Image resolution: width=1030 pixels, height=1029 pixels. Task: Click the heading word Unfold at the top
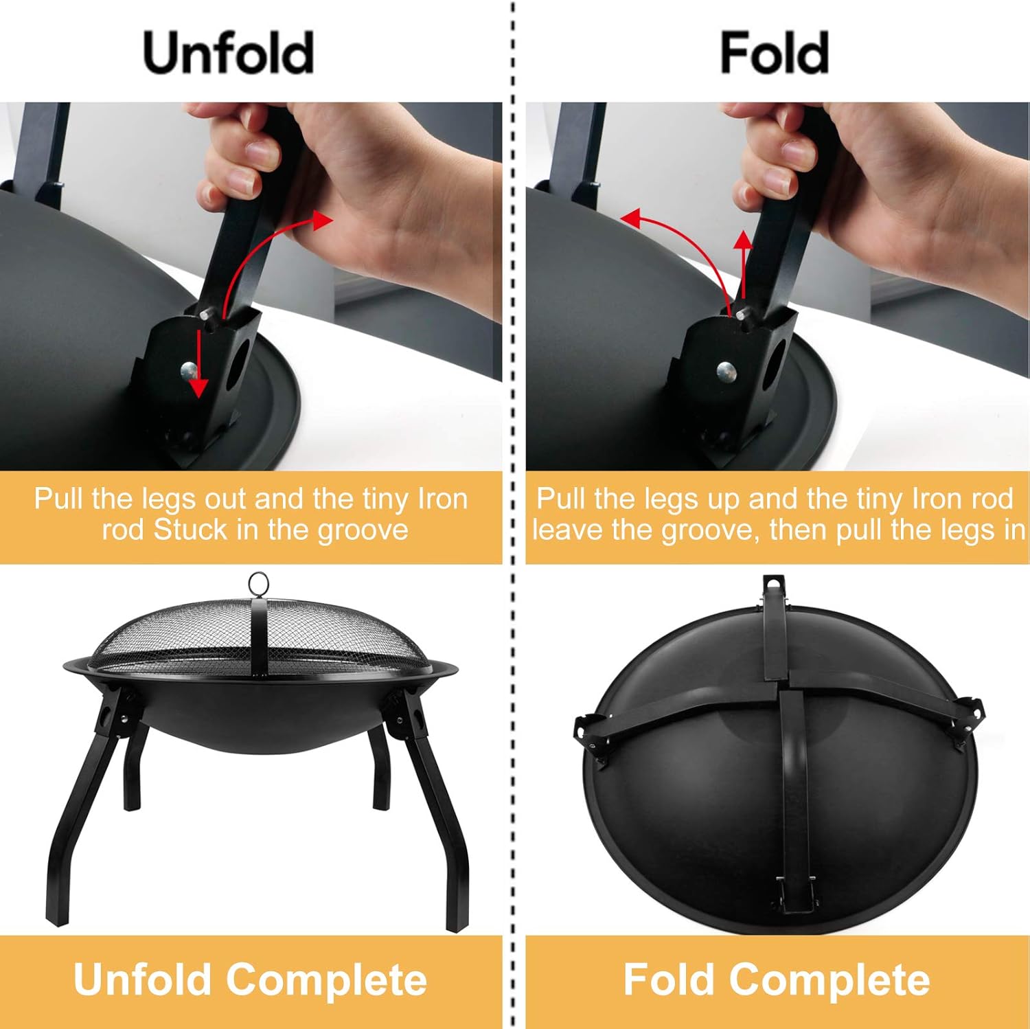tap(229, 54)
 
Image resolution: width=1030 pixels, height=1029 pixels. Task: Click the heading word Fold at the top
tap(774, 54)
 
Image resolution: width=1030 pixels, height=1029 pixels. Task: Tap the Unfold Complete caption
tap(250, 979)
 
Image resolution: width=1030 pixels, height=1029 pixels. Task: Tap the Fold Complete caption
tap(776, 979)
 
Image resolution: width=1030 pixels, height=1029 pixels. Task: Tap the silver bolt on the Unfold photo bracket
tap(189, 371)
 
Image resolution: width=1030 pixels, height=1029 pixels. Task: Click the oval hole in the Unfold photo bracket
tap(239, 362)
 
